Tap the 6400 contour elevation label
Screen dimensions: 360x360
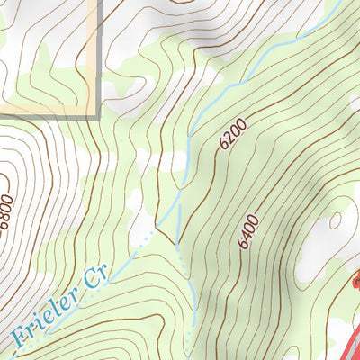coord(248,231)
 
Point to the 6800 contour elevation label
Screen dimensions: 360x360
coord(7,212)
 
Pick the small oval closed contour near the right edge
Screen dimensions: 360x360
coord(335,221)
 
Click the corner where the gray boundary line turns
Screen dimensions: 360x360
coord(97,117)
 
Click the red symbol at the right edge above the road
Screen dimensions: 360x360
coord(356,283)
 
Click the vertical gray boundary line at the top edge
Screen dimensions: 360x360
coord(97,54)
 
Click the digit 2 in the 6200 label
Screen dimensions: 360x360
coord(229,143)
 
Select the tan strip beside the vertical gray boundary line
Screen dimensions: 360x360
coord(93,54)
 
